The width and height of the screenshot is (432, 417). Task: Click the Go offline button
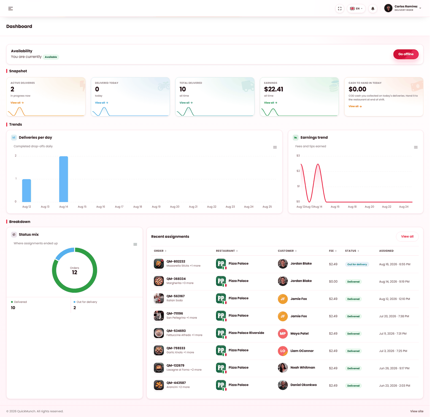(408, 54)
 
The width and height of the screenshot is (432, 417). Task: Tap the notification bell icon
(375, 9)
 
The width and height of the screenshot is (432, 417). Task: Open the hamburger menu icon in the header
(10, 9)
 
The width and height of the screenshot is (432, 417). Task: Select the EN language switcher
(358, 9)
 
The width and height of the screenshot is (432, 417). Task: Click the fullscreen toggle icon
(341, 9)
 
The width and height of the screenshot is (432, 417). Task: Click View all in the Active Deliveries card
(17, 103)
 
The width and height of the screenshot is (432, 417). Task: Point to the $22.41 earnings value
(275, 90)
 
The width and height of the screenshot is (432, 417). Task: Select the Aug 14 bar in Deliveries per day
(64, 180)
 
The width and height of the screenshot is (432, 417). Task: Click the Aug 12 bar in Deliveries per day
(27, 192)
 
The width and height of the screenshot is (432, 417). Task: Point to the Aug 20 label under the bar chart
(176, 208)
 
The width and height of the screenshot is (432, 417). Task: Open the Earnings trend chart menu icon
(418, 148)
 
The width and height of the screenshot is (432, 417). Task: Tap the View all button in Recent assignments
(409, 238)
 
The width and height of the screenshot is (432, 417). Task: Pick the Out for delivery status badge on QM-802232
(359, 266)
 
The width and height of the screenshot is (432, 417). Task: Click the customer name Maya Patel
(301, 335)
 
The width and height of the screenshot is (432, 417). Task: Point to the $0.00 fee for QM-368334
(335, 283)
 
